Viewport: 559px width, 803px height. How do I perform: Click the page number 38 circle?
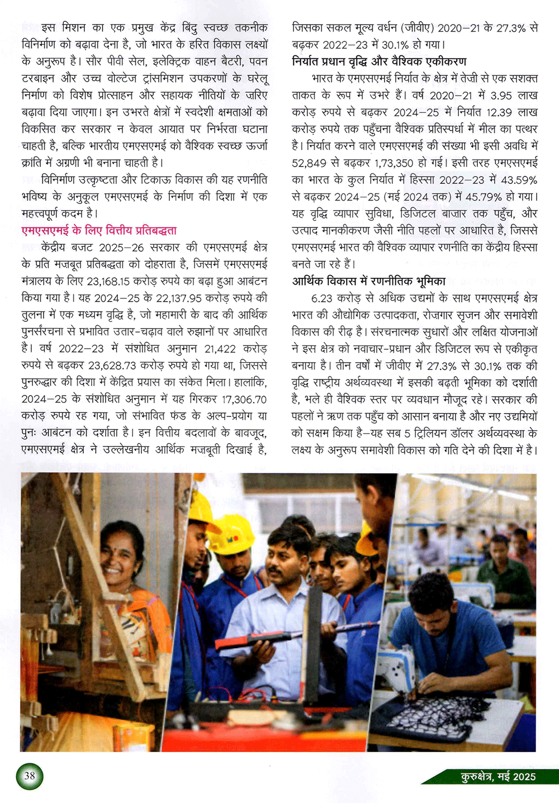pos(30,776)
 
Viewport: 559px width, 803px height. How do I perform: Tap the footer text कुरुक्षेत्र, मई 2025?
pos(498,777)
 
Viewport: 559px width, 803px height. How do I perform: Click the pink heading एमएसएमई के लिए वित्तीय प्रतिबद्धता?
pos(99,230)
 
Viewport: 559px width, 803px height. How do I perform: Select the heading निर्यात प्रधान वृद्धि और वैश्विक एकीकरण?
pos(379,61)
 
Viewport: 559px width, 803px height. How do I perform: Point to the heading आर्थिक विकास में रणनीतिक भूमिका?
pos(369,281)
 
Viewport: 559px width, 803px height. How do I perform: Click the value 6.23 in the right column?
pos(322,298)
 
